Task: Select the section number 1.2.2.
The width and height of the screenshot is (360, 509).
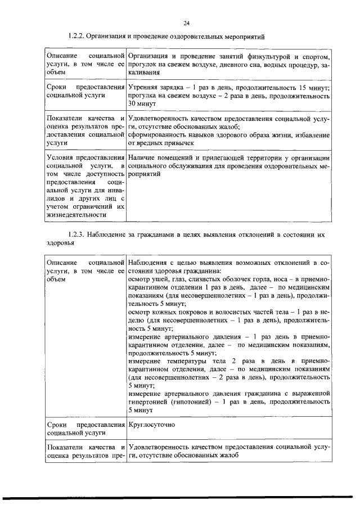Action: point(76,36)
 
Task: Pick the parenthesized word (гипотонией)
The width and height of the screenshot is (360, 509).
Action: point(191,403)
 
